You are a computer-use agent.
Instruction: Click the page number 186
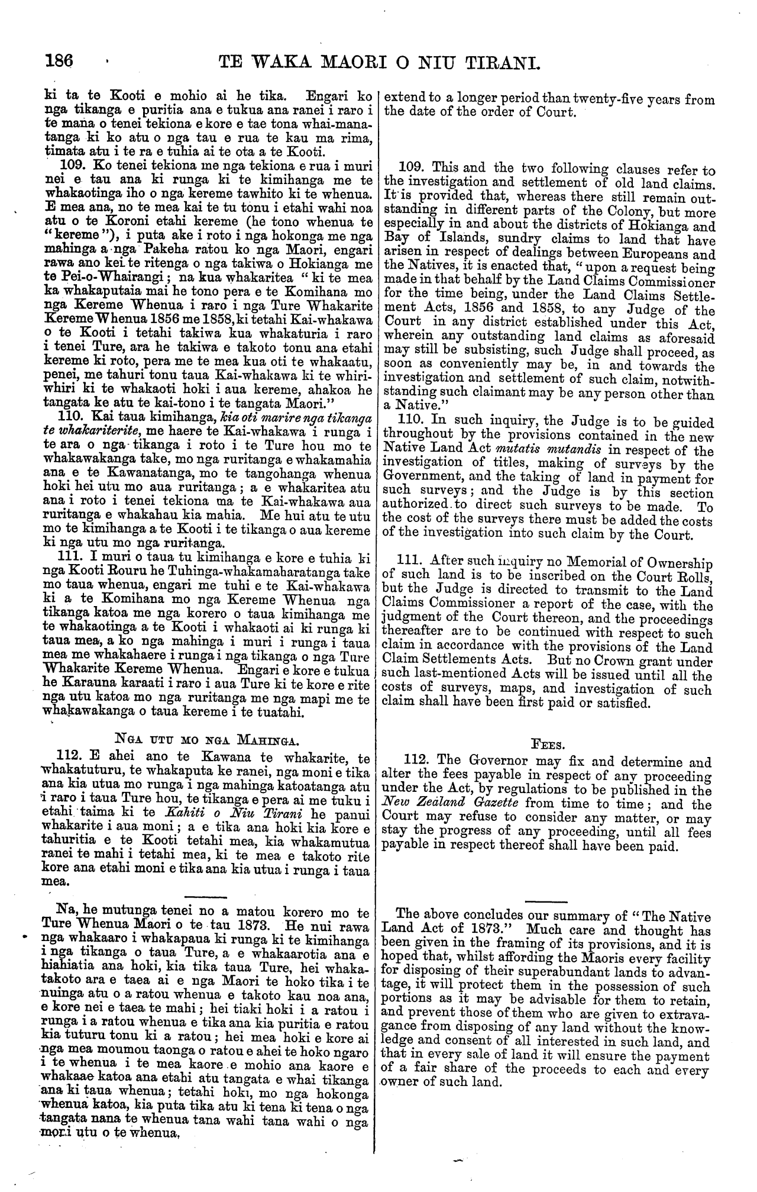point(59,60)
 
